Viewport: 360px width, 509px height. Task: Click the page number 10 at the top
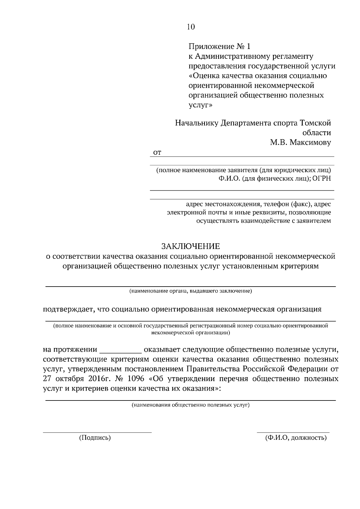tap(191, 27)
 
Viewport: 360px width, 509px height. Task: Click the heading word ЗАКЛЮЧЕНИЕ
tap(190, 246)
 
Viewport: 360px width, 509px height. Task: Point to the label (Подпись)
tap(95, 438)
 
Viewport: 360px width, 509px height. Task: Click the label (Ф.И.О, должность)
tap(296, 438)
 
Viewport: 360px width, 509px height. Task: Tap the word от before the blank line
tap(157, 153)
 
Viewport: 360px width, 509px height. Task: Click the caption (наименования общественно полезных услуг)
tap(190, 405)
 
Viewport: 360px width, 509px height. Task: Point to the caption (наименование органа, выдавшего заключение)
tap(190, 291)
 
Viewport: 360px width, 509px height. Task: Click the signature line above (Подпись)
tap(97, 432)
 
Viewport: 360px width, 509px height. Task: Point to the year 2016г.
tap(91, 379)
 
